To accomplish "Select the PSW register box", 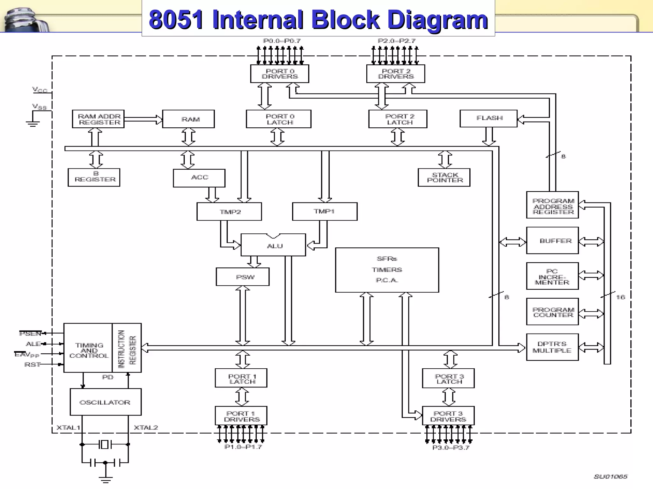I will pos(243,277).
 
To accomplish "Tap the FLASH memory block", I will pos(488,118).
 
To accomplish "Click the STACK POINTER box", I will pos(444,177).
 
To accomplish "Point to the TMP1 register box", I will pos(325,211).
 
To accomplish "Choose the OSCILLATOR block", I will pos(105,402).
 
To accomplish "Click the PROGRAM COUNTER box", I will pos(552,312).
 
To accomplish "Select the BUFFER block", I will pos(552,241).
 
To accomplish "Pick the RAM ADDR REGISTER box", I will pos(98,119).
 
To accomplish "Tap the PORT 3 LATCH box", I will pos(448,379).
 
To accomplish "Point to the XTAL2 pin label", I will pos(146,428).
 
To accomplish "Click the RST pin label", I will pos(33,365).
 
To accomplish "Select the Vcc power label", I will pos(40,90).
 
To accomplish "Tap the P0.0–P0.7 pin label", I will pos(282,41).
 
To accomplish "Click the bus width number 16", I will pos(620,297).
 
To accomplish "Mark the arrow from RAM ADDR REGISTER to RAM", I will pos(143,119).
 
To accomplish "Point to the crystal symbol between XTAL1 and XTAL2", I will pos(105,444).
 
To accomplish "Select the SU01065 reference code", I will pos(610,476).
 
